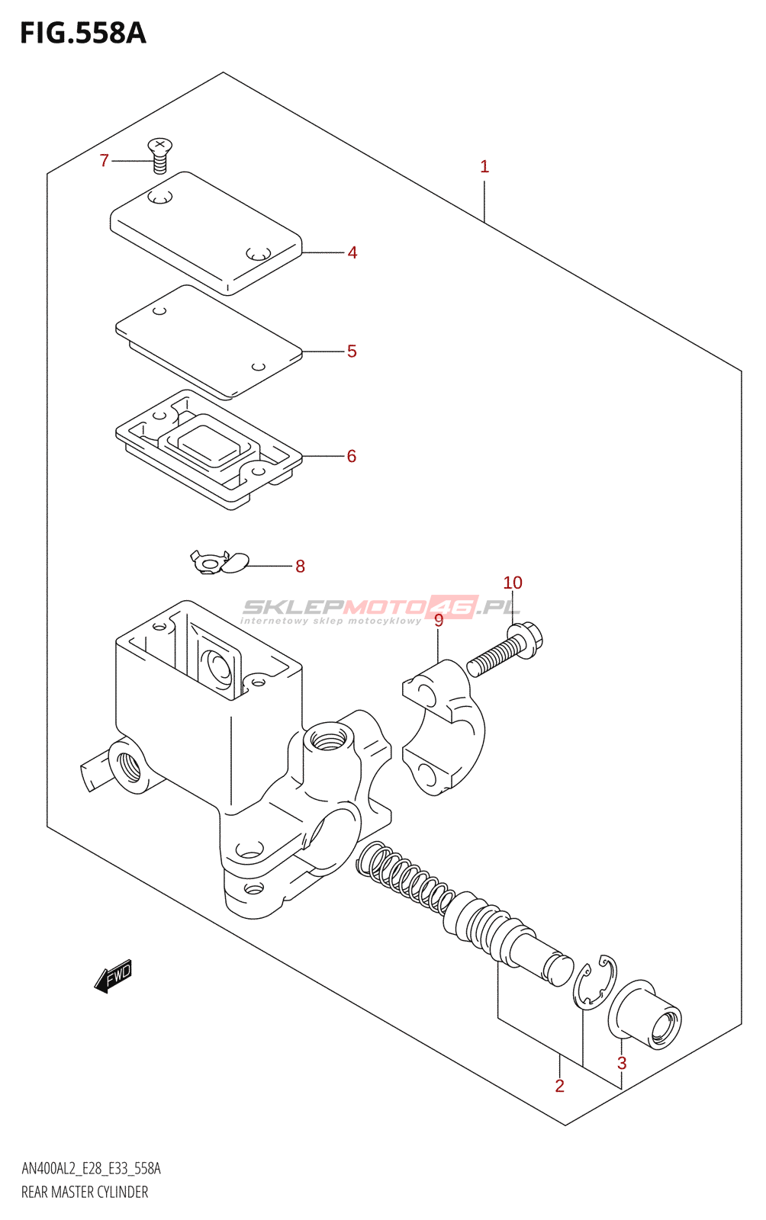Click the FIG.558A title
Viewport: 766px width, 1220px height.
click(82, 34)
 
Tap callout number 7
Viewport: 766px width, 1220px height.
click(105, 160)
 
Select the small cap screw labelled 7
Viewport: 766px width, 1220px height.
click(159, 155)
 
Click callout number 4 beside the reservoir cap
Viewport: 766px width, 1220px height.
click(352, 252)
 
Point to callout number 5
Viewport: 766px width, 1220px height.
click(352, 352)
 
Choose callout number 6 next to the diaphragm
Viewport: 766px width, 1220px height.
click(352, 456)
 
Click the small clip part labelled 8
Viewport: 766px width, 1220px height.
click(219, 563)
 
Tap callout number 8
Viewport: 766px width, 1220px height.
click(300, 567)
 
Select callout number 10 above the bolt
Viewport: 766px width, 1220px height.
click(513, 583)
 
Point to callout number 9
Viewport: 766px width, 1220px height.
click(439, 621)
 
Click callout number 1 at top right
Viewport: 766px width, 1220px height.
click(484, 167)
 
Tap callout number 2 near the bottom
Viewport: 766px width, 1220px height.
click(560, 1086)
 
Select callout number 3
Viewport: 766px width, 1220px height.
click(622, 1063)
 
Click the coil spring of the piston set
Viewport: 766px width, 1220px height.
click(404, 878)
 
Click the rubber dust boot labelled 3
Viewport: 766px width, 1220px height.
click(647, 1016)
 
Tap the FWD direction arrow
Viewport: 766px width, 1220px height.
click(114, 976)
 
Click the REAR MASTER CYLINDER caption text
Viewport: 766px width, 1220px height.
click(85, 1192)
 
